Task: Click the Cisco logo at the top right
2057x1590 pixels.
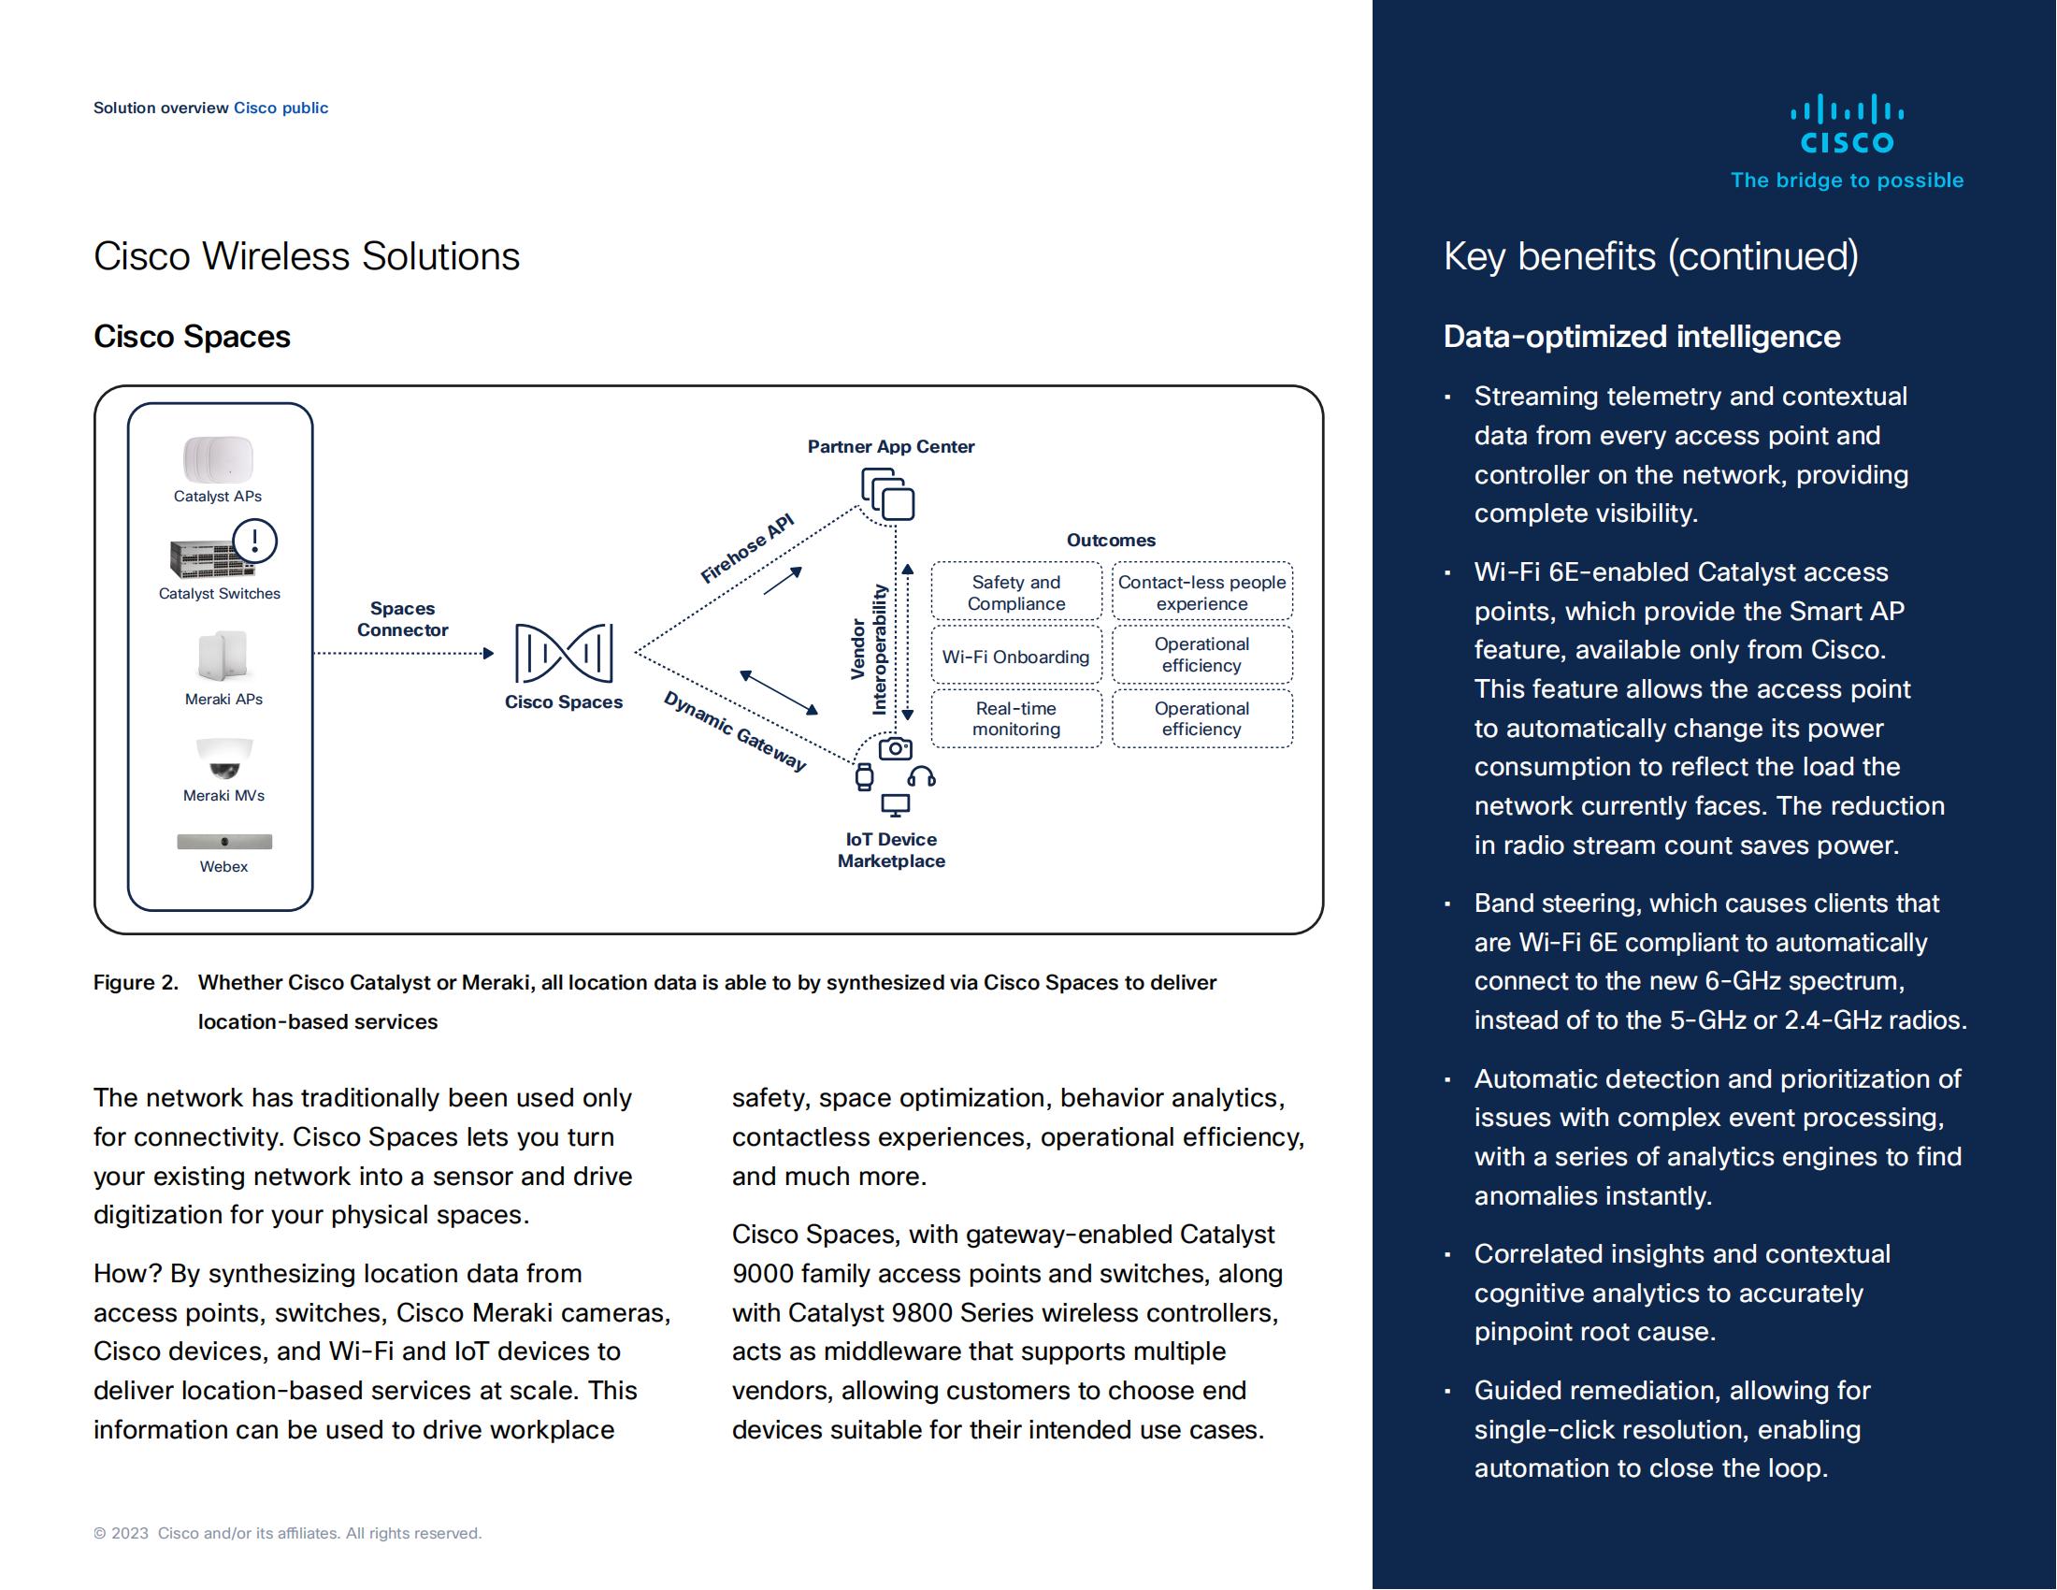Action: coord(1846,124)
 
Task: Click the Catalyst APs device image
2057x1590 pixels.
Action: coord(218,459)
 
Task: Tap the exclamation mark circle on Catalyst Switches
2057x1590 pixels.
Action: coord(254,542)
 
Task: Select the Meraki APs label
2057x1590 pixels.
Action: coord(223,699)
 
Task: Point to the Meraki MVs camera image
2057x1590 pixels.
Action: coord(224,759)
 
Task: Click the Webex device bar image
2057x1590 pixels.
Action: coord(224,841)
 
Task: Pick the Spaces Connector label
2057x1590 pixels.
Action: coord(402,619)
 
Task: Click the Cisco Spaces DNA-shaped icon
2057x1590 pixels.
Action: coord(563,652)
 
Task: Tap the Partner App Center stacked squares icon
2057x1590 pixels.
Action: coord(888,495)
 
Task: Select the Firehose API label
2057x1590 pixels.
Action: coord(747,549)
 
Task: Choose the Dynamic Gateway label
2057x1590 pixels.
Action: coord(736,731)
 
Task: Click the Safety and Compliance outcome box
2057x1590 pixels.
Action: coord(1016,592)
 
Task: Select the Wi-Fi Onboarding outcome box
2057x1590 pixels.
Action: coord(1016,657)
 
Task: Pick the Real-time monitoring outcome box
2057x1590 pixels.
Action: coord(1016,718)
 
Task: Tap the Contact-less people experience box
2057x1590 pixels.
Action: coord(1201,592)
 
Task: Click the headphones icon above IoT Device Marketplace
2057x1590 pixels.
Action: coord(921,777)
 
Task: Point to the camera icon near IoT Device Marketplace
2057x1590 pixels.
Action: coord(895,749)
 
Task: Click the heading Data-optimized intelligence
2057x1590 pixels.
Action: coord(1642,337)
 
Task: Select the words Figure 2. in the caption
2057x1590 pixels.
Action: coord(136,982)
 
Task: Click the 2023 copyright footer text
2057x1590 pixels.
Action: coord(287,1533)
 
